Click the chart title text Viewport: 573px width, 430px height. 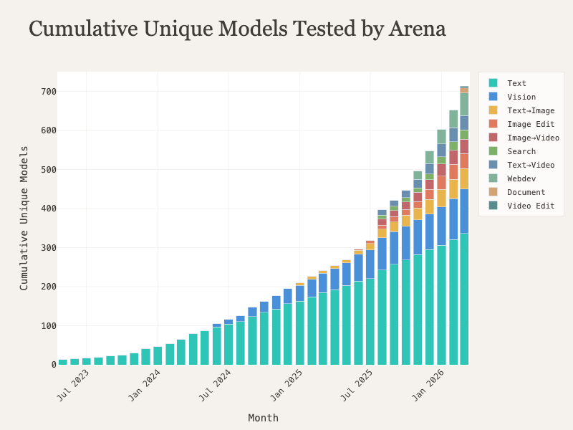[237, 29]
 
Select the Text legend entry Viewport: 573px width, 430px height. [516, 83]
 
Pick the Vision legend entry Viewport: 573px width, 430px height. [521, 97]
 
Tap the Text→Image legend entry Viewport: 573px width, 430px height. [530, 110]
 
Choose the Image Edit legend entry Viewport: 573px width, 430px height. [530, 124]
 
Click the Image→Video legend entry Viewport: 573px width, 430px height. [533, 138]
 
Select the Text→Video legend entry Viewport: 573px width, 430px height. [530, 165]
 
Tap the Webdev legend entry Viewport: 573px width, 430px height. [521, 178]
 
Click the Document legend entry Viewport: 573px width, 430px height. [526, 192]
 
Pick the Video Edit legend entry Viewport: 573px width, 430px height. [530, 206]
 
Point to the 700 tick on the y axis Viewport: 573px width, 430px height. [48, 92]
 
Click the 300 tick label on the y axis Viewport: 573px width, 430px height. [48, 248]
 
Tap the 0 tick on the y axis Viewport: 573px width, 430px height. [53, 365]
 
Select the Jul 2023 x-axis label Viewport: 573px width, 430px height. [74, 384]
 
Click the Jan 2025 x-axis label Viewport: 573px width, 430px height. [287, 384]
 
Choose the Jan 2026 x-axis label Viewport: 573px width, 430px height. [429, 384]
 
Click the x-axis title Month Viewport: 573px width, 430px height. [263, 418]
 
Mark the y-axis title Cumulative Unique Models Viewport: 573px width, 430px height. [24, 218]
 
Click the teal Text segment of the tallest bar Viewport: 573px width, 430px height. [464, 300]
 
